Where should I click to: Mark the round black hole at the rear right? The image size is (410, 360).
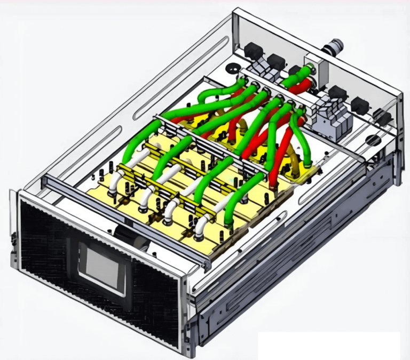(373, 140)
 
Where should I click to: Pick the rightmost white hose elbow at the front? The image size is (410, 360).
(202, 226)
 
